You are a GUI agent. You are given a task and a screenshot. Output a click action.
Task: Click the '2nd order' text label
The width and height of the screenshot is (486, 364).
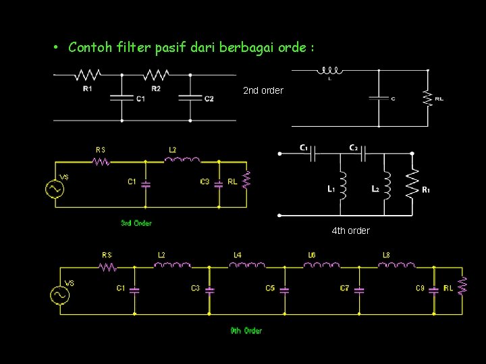[x=263, y=90]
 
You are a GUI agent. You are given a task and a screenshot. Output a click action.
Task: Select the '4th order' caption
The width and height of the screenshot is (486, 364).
[x=350, y=231]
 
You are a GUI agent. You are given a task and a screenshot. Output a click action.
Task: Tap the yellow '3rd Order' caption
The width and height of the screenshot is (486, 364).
[x=136, y=223]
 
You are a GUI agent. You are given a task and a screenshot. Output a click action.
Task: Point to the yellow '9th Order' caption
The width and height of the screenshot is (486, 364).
[x=246, y=330]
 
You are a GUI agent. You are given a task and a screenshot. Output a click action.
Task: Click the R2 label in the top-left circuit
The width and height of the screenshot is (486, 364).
[x=156, y=88]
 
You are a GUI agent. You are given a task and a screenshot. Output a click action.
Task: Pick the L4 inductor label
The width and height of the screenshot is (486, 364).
[x=238, y=255]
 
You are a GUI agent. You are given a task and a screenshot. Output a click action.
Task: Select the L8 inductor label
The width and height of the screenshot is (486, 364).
[x=386, y=255]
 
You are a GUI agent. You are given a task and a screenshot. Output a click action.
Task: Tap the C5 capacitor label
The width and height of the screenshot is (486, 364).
[x=269, y=289]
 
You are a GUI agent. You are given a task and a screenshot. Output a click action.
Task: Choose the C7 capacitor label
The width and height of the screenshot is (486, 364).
[x=344, y=289]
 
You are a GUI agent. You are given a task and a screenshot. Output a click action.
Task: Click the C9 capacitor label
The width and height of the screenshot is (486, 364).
[x=420, y=289]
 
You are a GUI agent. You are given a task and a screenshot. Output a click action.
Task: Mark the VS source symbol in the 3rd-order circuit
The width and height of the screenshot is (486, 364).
[x=54, y=189]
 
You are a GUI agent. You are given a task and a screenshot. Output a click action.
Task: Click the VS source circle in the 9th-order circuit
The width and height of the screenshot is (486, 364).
[x=60, y=295]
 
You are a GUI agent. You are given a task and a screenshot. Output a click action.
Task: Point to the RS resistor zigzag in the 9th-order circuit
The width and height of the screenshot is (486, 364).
[x=107, y=267]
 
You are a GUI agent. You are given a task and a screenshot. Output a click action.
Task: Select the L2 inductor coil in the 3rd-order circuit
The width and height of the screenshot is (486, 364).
[x=182, y=160]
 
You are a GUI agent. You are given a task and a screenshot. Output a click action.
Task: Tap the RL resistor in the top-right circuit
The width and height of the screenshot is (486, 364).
[x=427, y=98]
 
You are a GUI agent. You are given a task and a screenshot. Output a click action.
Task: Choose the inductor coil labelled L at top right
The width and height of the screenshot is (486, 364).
[x=330, y=70]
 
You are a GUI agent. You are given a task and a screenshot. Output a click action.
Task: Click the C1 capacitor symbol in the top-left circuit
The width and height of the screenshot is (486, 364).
[x=122, y=98]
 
